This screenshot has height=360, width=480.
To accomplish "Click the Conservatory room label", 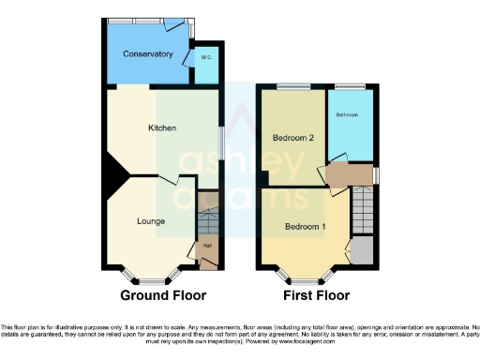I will (x=148, y=54).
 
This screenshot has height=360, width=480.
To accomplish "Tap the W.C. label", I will (x=207, y=57).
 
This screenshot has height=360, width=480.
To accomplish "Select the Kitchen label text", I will (x=162, y=127).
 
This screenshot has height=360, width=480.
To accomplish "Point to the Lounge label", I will (x=151, y=222).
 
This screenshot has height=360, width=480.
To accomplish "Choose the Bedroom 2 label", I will (x=292, y=138).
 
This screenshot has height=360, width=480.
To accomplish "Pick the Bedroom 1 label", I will (x=306, y=227).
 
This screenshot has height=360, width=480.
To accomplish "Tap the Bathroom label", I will (x=348, y=115).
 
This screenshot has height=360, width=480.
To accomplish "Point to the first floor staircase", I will (x=364, y=211).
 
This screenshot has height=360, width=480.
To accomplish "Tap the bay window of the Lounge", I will (x=150, y=279).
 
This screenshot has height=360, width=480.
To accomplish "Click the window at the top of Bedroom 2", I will (x=292, y=87).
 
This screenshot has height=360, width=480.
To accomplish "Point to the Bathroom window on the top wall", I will (x=351, y=87).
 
